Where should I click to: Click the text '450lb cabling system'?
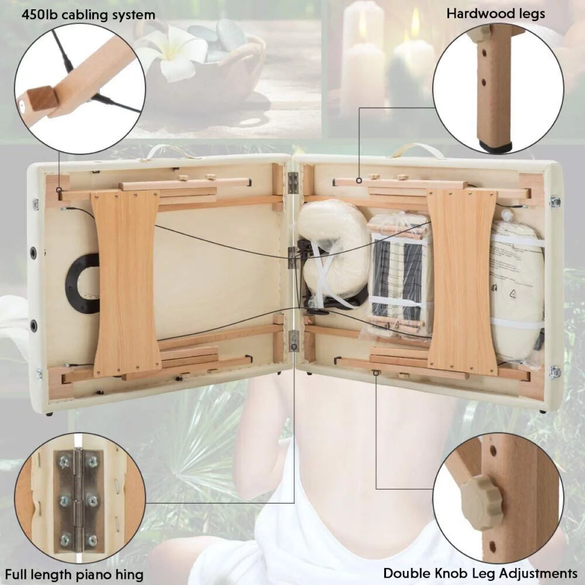[x=88, y=15]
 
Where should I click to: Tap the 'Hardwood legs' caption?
[x=496, y=14]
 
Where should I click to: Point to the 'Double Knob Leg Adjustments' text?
[x=480, y=565]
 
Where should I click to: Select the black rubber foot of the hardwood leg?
[x=496, y=146]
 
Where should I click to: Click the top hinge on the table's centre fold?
[x=293, y=183]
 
